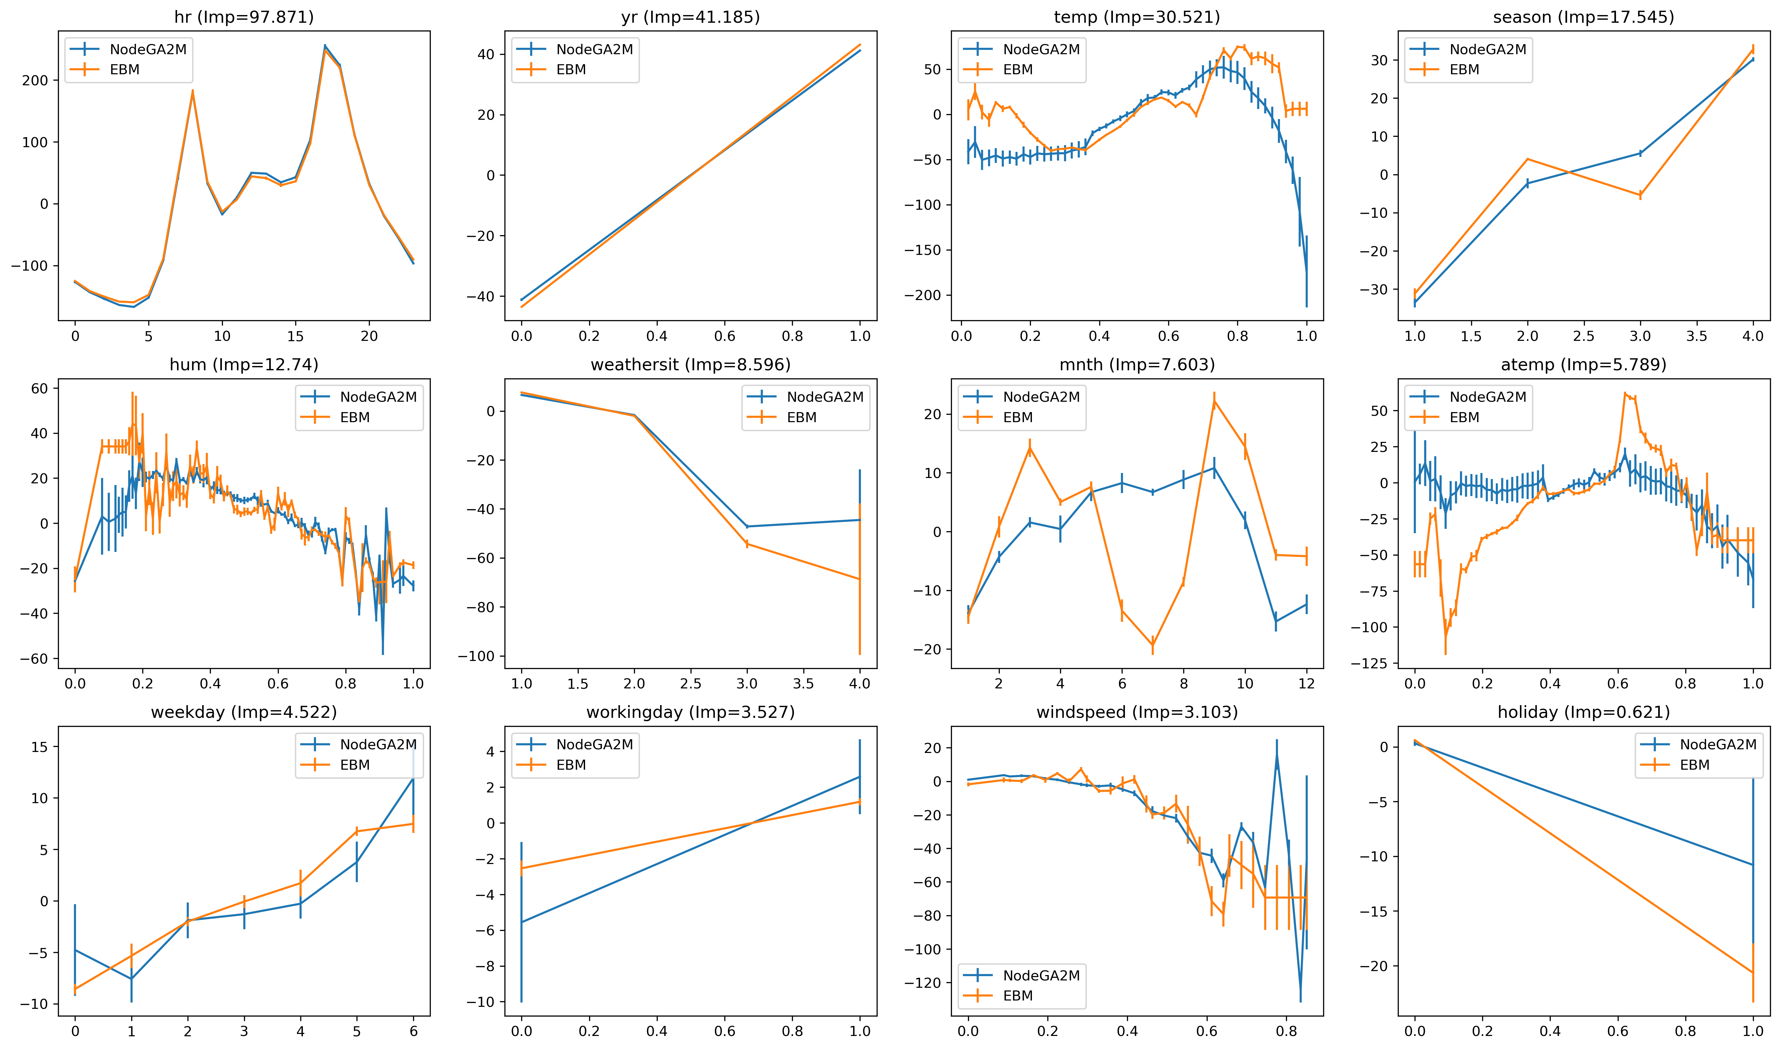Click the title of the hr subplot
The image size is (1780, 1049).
pyautogui.click(x=244, y=17)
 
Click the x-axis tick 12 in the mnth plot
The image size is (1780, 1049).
pyautogui.click(x=1306, y=683)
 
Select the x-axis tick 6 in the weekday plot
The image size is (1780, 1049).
pyautogui.click(x=414, y=1031)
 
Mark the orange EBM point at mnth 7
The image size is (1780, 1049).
pyautogui.click(x=1153, y=644)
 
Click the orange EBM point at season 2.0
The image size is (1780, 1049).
pyautogui.click(x=1528, y=159)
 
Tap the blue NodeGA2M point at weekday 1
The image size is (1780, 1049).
pyautogui.click(x=132, y=979)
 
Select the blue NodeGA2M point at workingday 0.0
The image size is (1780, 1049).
pyautogui.click(x=522, y=922)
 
